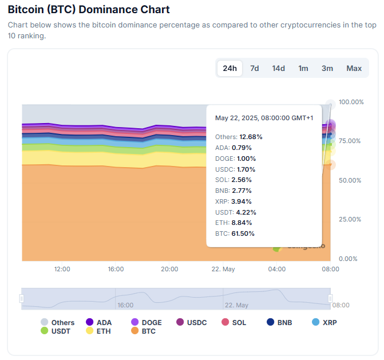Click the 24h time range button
[x=229, y=68]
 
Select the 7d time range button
[x=254, y=68]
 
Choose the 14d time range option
[x=278, y=68]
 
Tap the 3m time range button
[x=327, y=68]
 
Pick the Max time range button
[x=354, y=68]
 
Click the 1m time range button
[x=303, y=68]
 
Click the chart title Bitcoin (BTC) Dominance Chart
[x=89, y=10]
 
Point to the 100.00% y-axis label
[x=351, y=102]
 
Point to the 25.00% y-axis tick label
[x=351, y=219]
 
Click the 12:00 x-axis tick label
[x=62, y=269]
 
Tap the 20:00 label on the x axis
[x=169, y=269]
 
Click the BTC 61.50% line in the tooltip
[x=235, y=234]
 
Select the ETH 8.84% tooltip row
[x=235, y=223]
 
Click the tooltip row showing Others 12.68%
[x=239, y=137]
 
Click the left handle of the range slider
[x=22, y=298]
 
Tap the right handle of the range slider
[x=330, y=298]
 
